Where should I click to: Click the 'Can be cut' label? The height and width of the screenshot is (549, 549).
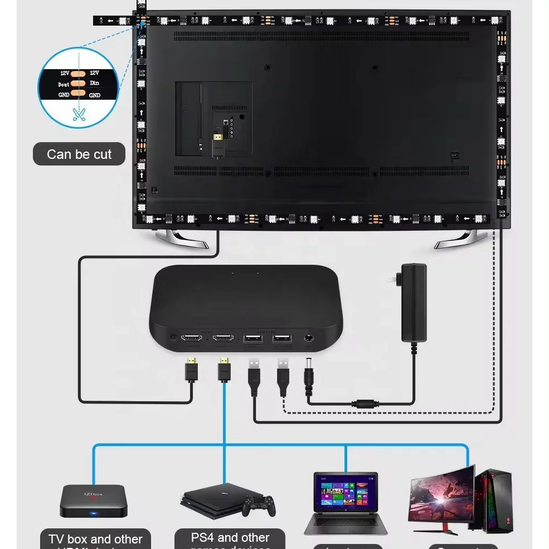pyautogui.click(x=79, y=154)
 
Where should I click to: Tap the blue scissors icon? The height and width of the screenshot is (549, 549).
pyautogui.click(x=79, y=114)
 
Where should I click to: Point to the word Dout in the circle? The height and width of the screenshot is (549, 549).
pyautogui.click(x=64, y=84)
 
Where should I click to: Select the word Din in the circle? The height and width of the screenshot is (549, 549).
pyautogui.click(x=94, y=84)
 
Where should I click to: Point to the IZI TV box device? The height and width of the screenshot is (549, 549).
pyautogui.click(x=94, y=499)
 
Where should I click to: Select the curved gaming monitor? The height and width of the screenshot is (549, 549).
pyautogui.click(x=442, y=494)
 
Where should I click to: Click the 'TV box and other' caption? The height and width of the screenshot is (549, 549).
pyautogui.click(x=95, y=539)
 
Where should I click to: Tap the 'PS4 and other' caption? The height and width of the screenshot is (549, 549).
pyautogui.click(x=230, y=538)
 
